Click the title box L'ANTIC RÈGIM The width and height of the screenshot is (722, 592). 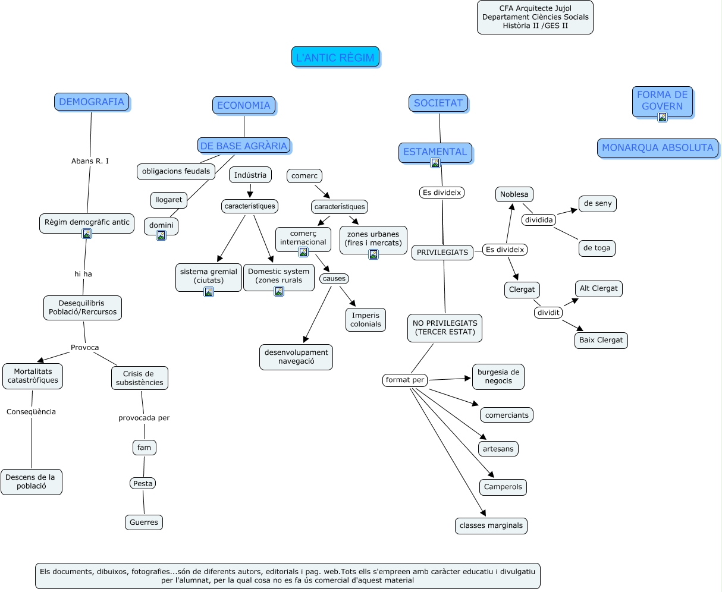pyautogui.click(x=335, y=57)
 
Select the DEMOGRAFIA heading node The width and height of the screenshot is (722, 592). pyautogui.click(x=92, y=102)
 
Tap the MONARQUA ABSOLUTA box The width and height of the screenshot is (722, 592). pyautogui.click(x=657, y=148)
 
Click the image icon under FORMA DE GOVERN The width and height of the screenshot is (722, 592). pyautogui.click(x=662, y=117)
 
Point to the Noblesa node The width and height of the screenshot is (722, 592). pyautogui.click(x=514, y=194)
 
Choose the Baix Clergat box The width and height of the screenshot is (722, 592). pyautogui.click(x=601, y=340)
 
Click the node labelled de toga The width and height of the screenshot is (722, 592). pyautogui.click(x=597, y=248)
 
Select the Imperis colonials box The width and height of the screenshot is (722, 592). pyautogui.click(x=365, y=320)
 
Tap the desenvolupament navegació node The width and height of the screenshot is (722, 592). pyautogui.click(x=296, y=357)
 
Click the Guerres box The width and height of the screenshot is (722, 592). pyautogui.click(x=144, y=522)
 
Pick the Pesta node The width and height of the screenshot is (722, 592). pyautogui.click(x=143, y=483)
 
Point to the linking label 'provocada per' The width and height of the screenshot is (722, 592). pyautogui.click(x=144, y=418)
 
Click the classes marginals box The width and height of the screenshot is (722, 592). pyautogui.click(x=491, y=525)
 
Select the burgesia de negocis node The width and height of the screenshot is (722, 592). pyautogui.click(x=498, y=376)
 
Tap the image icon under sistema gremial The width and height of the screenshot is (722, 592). pyautogui.click(x=209, y=291)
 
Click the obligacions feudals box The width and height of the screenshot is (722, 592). pyautogui.click(x=176, y=171)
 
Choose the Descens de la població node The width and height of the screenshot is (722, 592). pyautogui.click(x=31, y=481)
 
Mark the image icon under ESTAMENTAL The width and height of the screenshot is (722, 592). pyautogui.click(x=435, y=163)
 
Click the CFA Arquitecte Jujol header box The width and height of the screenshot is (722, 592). pyautogui.click(x=535, y=17)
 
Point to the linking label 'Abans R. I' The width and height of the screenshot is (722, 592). pyautogui.click(x=90, y=161)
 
